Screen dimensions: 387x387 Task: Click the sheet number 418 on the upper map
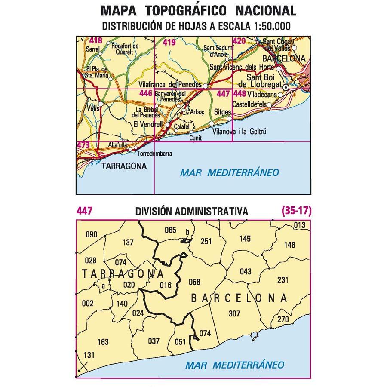96,41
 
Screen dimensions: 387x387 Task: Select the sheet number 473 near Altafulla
83,145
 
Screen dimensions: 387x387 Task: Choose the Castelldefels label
249,104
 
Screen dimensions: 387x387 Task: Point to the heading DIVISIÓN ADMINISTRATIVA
191,211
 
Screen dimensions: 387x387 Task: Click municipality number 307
234,313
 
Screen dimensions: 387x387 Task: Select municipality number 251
206,241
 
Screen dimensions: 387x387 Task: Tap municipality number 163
103,342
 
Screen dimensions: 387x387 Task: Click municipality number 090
92,234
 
